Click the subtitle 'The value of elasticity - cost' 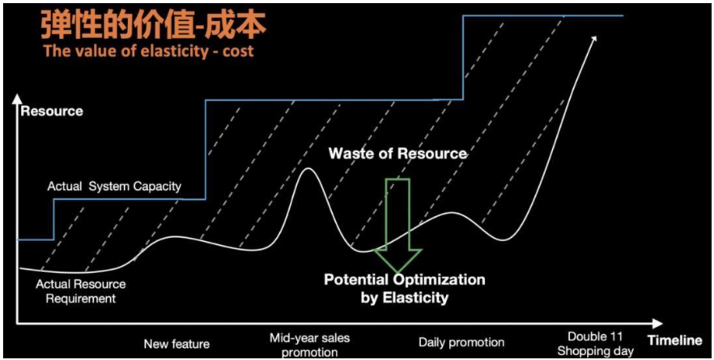click(148, 51)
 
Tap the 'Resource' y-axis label click(52, 111)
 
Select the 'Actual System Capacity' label click(114, 186)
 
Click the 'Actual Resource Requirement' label click(81, 291)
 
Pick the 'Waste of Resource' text click(397, 154)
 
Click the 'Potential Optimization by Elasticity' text click(405, 288)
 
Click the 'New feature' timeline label click(176, 343)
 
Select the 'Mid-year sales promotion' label click(311, 343)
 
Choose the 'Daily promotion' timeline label click(461, 342)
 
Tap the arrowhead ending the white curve click(596, 38)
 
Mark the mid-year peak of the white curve click(308, 168)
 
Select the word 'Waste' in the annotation click(351, 154)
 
